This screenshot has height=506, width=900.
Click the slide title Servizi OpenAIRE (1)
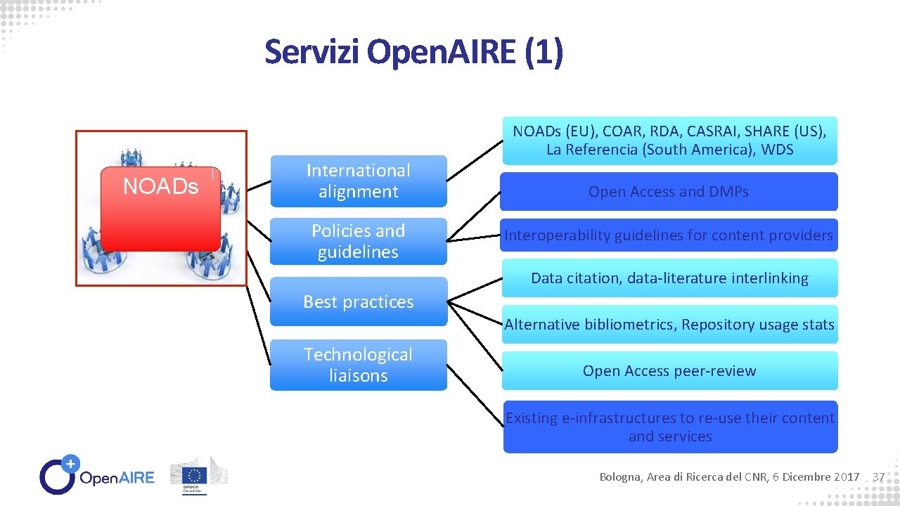pos(413,52)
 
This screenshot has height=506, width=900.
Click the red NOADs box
pos(160,209)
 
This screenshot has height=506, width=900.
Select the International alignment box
pos(358,181)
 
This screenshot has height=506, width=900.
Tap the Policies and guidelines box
pos(358,241)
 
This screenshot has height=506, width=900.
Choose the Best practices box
pos(358,301)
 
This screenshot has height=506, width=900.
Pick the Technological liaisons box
pos(358,365)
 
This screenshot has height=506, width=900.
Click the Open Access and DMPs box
pos(669,192)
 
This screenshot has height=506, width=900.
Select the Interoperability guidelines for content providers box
pos(669,235)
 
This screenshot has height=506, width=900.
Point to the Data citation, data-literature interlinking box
pos(669,278)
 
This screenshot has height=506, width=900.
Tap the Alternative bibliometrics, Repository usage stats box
pos(669,325)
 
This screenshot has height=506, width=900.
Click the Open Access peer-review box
pos(669,371)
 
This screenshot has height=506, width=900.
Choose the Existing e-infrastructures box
pos(670,427)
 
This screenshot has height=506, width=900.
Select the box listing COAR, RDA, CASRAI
pos(669,141)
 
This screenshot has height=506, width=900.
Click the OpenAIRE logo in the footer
pos(97,476)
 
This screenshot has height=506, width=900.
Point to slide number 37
pos(877,477)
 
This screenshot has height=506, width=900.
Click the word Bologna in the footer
pos(619,477)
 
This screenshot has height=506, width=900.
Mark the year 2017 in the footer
pos(846,477)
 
